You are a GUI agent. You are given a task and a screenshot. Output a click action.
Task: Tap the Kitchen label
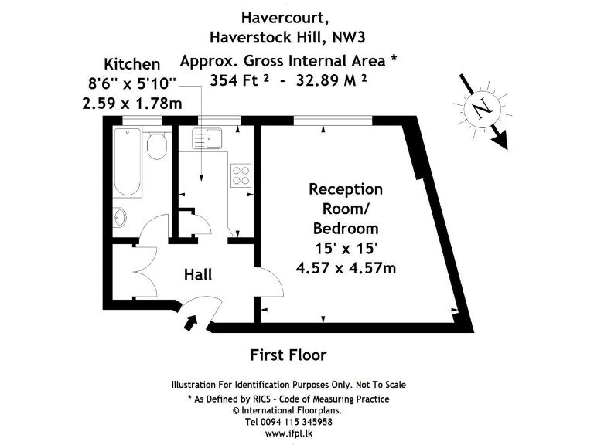point(132,64)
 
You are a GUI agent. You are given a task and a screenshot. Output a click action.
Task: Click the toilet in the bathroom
point(158,144)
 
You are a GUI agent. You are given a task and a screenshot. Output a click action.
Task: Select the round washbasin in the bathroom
point(121,217)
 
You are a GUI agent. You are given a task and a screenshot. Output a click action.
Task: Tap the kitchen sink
point(207,138)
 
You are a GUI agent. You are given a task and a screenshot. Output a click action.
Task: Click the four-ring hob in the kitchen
point(241,175)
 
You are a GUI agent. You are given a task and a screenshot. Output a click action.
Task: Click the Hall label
point(198,274)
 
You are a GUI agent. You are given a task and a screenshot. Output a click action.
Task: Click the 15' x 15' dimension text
point(346,248)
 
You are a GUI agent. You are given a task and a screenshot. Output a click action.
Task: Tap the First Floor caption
point(288,355)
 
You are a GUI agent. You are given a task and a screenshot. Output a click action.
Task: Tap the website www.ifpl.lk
point(288,434)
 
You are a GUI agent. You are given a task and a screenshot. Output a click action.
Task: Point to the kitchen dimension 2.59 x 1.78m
point(132,101)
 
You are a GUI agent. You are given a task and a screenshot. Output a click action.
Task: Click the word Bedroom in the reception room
point(346,228)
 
